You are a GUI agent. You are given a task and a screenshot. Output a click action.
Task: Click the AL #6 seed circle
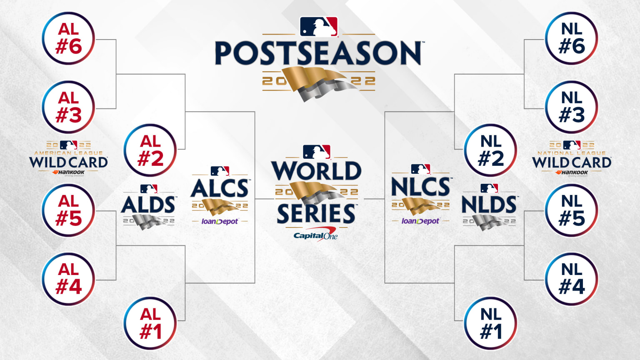tap(68, 38)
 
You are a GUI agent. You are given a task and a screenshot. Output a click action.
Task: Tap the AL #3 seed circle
tap(68, 107)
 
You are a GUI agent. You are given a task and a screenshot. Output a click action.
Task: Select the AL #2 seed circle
tap(150, 150)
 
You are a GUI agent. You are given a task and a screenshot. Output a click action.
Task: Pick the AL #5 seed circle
tap(68, 210)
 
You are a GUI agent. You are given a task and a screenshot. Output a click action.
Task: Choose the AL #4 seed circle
tap(68, 279)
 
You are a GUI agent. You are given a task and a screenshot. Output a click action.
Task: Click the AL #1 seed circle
tap(150, 323)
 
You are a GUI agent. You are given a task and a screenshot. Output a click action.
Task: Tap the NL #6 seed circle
tap(572, 38)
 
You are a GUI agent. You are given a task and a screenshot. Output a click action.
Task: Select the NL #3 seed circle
tap(572, 107)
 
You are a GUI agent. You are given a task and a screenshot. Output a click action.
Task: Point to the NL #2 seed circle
tap(491, 150)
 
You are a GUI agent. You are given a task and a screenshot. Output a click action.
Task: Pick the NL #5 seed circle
tap(572, 210)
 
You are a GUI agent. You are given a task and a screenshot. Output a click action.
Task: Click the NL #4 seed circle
tap(572, 279)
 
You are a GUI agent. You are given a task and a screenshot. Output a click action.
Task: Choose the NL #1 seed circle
tap(491, 323)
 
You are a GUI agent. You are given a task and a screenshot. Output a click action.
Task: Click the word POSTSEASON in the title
tap(318, 53)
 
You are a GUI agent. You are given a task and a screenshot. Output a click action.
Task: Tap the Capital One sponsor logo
tap(315, 236)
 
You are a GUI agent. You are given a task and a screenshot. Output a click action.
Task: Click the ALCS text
tap(220, 189)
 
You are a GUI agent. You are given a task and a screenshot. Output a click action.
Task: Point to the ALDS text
tap(148, 205)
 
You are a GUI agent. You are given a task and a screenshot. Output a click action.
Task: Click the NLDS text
tap(489, 205)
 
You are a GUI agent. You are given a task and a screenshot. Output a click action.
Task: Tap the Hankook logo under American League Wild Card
tap(69, 172)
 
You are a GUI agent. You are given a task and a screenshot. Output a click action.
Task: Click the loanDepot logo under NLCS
tap(420, 221)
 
